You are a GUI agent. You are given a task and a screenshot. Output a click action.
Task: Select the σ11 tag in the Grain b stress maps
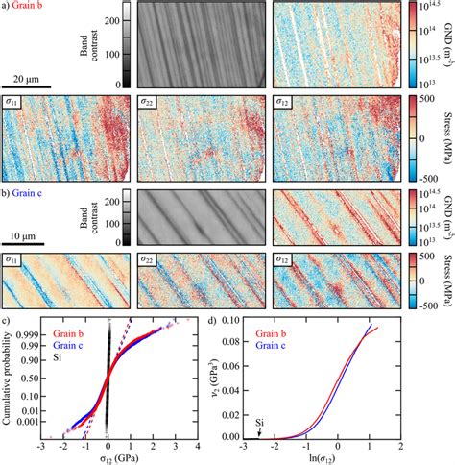point(14,100)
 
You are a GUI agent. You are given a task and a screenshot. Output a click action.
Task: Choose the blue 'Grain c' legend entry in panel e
point(67,346)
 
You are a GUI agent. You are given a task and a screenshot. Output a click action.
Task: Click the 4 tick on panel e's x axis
point(198,442)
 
